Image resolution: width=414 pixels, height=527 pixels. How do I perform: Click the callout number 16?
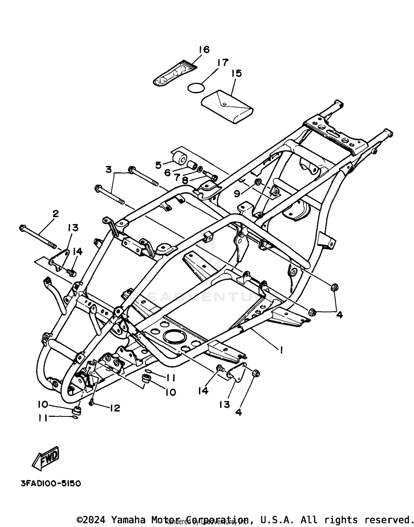tap(204, 50)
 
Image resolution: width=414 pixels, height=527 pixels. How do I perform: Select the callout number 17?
tap(223, 63)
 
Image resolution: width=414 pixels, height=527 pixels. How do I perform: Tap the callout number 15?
tap(237, 73)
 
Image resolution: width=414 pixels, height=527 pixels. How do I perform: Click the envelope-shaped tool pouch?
tap(227, 106)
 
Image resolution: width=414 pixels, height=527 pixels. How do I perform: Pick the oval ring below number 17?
tap(196, 87)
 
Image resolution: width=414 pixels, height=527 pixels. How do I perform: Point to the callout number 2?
tap(55, 214)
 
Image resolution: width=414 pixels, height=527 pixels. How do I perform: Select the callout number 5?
tap(158, 165)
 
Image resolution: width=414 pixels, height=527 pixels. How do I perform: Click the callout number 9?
tap(237, 194)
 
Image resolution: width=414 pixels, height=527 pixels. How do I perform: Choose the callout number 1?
tap(281, 350)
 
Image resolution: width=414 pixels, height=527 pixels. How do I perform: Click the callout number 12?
tap(115, 408)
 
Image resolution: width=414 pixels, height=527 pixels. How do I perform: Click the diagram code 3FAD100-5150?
tap(51, 484)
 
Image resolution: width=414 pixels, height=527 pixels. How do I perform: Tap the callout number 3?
tap(109, 169)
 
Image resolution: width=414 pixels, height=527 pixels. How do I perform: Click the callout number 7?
tap(177, 177)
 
